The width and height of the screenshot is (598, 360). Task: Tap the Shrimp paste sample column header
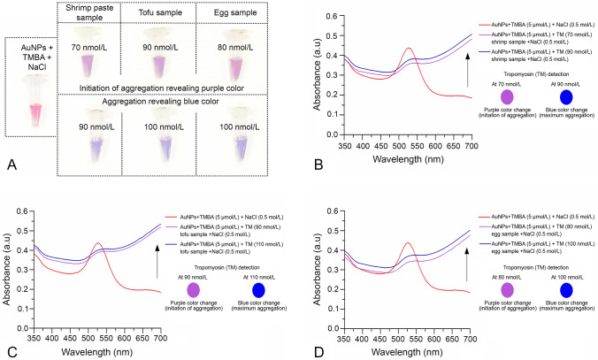pos(89,13)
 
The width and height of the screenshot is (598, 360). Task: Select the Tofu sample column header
pos(160,12)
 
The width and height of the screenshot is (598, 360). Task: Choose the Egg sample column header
pos(235,12)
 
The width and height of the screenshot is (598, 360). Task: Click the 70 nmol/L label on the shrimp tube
pos(88,48)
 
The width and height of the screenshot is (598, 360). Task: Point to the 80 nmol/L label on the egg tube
pos(235,48)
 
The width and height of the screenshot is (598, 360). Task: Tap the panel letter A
pos(11,165)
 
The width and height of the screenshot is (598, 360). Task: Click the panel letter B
pos(318,165)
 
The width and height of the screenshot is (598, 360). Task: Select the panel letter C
pos(12,353)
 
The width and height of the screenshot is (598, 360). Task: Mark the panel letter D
pos(319,353)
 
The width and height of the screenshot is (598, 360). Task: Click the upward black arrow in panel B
pos(467,70)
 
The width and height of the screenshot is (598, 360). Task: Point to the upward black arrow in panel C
pos(157,262)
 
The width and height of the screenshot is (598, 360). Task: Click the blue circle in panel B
pos(566,97)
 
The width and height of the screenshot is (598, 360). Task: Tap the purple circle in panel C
pos(194,290)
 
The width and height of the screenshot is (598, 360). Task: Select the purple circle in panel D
pos(507,290)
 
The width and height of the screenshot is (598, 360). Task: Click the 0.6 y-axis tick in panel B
pos(332,16)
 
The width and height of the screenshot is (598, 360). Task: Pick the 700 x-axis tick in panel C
pos(160,338)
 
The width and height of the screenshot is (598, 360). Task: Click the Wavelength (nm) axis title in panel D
pos(407,352)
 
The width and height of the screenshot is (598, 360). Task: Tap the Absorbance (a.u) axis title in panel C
pos(7,270)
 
